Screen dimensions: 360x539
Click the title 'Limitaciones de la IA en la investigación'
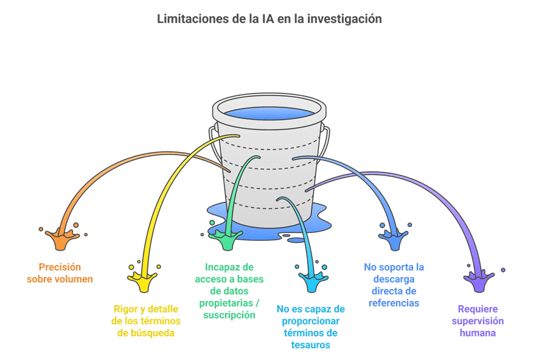point(269,19)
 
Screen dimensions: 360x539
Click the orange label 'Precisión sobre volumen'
point(60,273)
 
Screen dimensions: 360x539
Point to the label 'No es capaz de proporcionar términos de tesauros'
point(310,327)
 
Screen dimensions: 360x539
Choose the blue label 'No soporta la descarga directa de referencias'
point(394,285)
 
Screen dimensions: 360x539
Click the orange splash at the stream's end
point(63,239)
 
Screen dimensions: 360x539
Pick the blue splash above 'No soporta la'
point(394,240)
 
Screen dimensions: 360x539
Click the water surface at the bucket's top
point(269,113)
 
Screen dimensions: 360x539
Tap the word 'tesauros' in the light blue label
point(310,345)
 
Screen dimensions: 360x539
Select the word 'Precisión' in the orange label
point(60,267)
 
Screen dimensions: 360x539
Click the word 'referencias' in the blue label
point(394,303)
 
